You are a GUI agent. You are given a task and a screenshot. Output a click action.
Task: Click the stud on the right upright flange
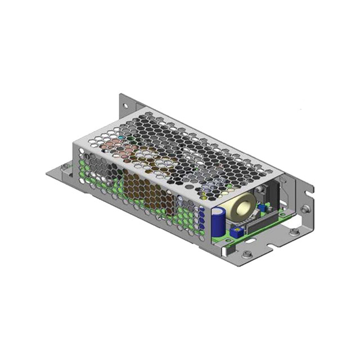tap(304, 209)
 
